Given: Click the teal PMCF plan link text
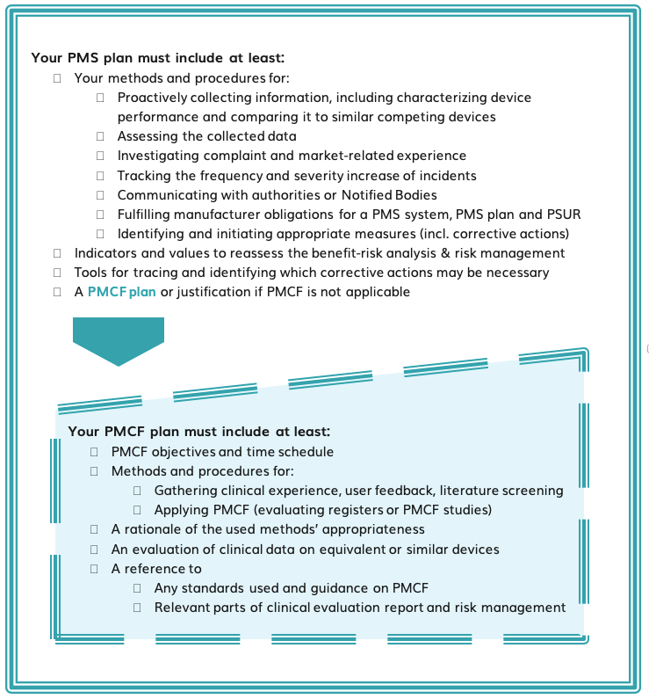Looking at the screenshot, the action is [121, 292].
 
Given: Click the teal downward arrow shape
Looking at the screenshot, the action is [119, 341].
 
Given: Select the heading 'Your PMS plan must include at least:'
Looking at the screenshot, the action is [157, 58].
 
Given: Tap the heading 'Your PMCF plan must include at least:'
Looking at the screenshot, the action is [199, 432].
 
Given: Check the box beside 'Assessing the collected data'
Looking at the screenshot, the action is [100, 136].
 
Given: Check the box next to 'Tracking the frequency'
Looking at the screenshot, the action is [100, 176].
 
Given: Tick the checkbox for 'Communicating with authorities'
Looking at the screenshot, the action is [100, 195].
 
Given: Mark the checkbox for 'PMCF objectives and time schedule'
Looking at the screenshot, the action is [94, 452].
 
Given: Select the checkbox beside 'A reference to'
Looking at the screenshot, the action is [94, 569].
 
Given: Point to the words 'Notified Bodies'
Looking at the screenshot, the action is [389, 195].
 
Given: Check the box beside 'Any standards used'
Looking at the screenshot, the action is [137, 588].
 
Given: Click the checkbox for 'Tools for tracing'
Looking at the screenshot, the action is [57, 273].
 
